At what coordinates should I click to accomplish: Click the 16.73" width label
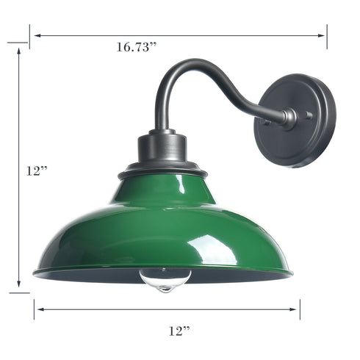(137, 48)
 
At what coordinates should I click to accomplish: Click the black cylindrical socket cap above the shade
(163, 147)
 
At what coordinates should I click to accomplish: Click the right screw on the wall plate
(309, 115)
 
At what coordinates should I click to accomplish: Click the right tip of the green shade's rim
(291, 273)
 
